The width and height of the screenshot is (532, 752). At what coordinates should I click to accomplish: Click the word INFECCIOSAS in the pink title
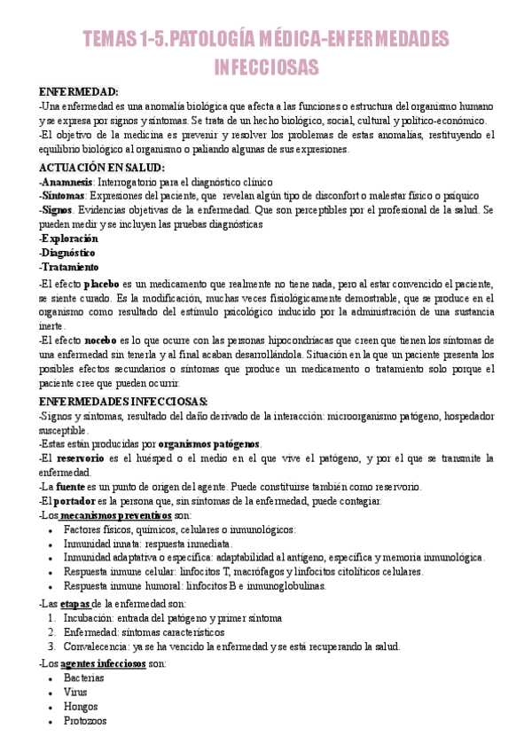click(266, 67)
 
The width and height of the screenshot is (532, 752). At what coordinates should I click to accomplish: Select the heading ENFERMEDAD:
click(79, 91)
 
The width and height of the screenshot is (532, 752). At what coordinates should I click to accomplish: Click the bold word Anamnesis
click(68, 181)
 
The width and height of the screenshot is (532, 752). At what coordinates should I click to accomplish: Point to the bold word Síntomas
click(65, 195)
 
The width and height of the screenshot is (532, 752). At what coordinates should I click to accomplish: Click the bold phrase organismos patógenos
click(210, 443)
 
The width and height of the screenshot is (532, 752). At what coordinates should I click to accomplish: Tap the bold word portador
click(79, 501)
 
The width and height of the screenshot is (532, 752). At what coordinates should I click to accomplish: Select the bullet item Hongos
click(81, 707)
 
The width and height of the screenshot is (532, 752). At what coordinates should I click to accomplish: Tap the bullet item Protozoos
click(86, 722)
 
